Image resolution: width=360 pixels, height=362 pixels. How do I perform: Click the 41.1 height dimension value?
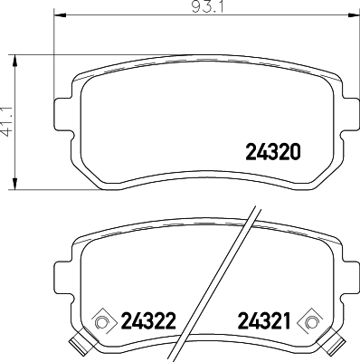point(8,119)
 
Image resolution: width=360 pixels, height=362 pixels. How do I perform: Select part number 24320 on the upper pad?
point(272,152)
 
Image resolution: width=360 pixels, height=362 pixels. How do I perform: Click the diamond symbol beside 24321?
point(312,319)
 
